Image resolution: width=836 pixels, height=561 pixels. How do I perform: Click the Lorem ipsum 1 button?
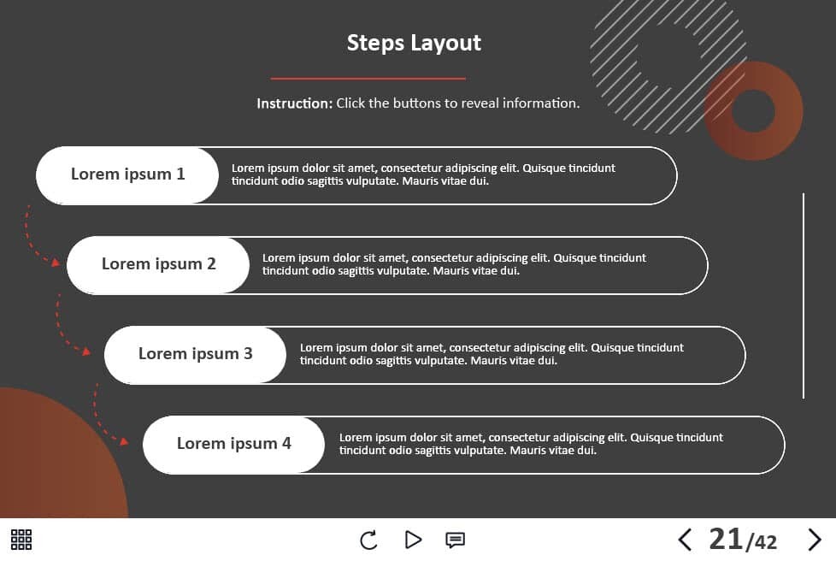(x=127, y=175)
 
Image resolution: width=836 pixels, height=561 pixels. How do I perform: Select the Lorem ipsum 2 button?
(x=158, y=265)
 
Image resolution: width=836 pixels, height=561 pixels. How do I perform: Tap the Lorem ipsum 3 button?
(x=195, y=355)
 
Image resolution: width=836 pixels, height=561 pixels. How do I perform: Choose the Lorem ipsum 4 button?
(x=233, y=444)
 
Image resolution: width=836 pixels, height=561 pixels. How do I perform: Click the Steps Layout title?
(x=414, y=44)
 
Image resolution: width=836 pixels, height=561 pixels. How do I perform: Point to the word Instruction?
(x=294, y=103)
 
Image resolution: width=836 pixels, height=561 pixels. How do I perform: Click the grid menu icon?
(x=21, y=539)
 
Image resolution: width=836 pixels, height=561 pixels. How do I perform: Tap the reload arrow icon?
(x=368, y=540)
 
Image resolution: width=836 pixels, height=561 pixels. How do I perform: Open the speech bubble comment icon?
(x=455, y=540)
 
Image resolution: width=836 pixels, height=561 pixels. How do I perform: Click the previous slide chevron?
(x=685, y=540)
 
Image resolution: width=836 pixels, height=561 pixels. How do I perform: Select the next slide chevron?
(x=815, y=540)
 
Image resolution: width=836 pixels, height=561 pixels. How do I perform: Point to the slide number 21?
(x=726, y=539)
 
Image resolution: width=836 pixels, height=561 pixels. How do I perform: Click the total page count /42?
(x=762, y=542)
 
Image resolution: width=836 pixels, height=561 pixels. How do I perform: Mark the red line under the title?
(x=368, y=79)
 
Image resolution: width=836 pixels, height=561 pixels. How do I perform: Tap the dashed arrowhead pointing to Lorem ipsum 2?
(x=55, y=262)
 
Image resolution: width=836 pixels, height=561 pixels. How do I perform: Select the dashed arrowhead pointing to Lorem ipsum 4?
(x=124, y=441)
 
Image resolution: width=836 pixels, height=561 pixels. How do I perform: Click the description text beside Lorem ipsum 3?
(x=492, y=354)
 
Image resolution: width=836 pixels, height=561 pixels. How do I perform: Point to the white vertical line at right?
(x=804, y=296)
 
